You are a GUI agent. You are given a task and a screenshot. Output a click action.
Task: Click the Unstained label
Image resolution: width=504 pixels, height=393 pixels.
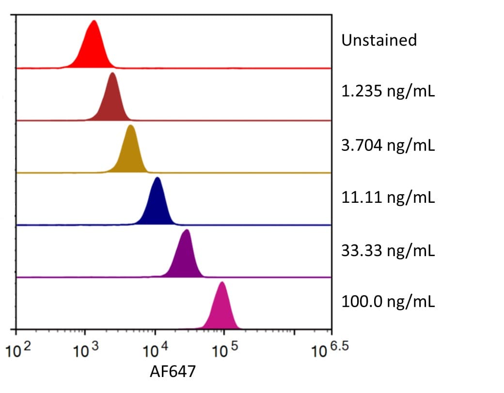tap(379, 40)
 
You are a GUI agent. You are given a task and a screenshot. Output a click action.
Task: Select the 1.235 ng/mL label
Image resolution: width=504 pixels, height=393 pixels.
tap(388, 91)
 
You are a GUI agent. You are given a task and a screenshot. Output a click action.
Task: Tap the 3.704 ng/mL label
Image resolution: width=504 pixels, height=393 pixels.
tap(388, 145)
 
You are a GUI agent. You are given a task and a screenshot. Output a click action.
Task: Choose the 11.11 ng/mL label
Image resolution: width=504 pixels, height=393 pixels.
tap(388, 197)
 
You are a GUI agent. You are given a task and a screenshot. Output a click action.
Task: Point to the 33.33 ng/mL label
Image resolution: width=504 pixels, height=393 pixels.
tap(388, 250)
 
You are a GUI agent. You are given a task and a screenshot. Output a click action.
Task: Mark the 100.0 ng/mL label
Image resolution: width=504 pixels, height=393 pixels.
tap(388, 302)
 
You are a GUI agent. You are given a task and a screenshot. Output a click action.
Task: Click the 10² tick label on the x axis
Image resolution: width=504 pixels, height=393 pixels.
tap(18, 350)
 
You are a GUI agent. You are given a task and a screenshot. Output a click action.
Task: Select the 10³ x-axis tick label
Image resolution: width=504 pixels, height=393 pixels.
tap(85, 350)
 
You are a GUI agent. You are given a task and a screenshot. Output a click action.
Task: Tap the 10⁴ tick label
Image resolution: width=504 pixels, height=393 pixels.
tap(155, 350)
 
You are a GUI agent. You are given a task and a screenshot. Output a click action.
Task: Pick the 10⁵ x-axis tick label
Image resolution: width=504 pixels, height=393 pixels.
tap(225, 350)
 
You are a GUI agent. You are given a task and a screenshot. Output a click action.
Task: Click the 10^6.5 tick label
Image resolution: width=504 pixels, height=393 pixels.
tap(330, 350)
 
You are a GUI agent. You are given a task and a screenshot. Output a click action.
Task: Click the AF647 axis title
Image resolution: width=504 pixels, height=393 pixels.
tap(173, 372)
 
